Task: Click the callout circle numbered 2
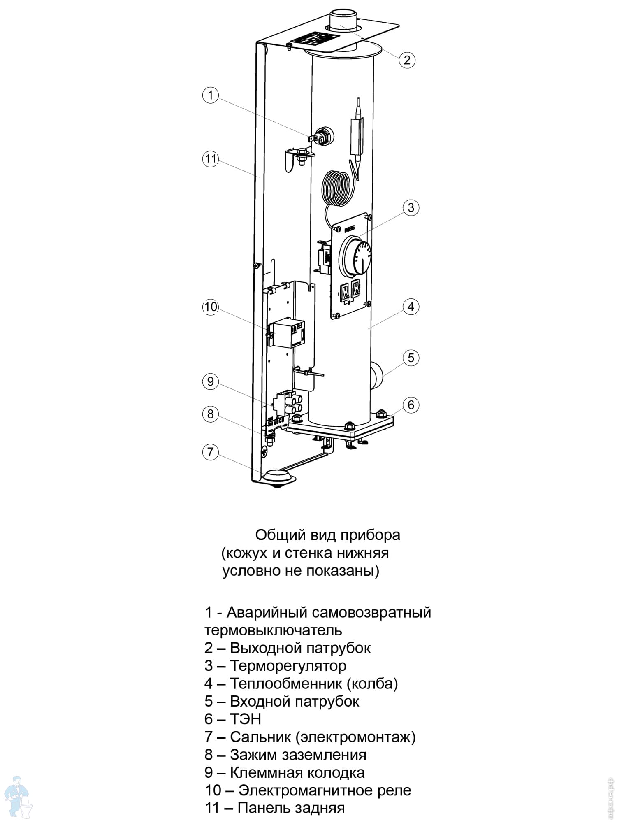407,60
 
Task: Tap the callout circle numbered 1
210,95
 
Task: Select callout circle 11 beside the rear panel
211,159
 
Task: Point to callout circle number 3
411,207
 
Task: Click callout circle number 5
411,358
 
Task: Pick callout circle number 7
210,452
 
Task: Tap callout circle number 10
210,307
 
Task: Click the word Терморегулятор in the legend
288,666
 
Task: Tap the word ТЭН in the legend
245,719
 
